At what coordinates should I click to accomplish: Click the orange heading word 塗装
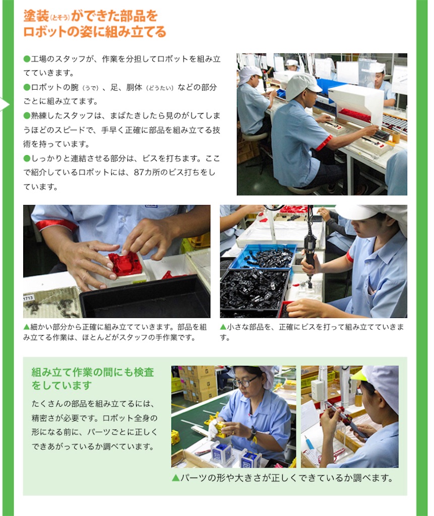click(36, 16)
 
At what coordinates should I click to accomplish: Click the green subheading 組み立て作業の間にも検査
click(93, 372)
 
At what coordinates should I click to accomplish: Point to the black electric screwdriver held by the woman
click(310, 250)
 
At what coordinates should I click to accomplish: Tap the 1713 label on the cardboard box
click(28, 298)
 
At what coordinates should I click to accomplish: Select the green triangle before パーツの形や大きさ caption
click(175, 478)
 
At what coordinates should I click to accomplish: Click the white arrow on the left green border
click(5, 105)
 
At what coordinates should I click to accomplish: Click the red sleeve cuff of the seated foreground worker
click(324, 143)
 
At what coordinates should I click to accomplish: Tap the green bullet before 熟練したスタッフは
click(27, 115)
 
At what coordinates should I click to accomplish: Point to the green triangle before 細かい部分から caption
click(26, 327)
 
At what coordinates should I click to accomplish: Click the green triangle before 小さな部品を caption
click(223, 327)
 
